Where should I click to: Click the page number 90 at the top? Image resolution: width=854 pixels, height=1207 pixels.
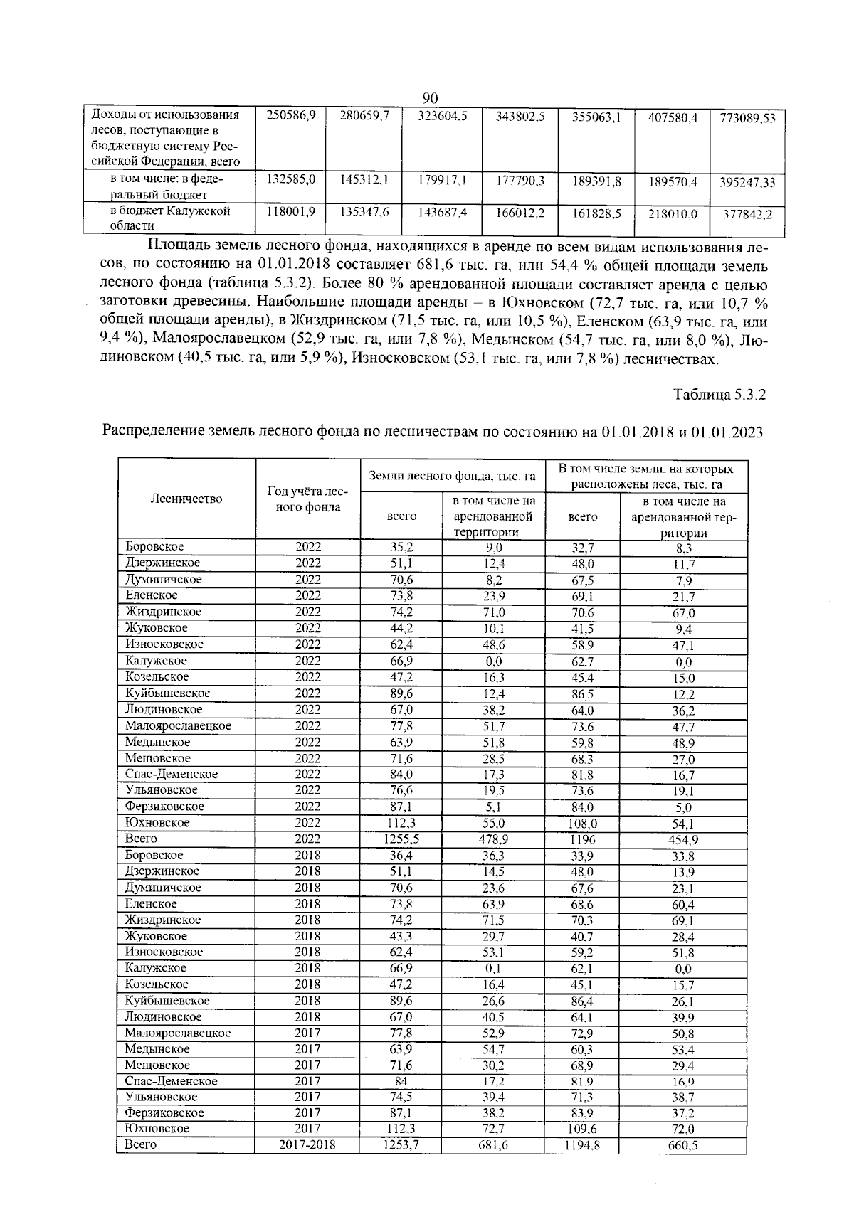tap(430, 97)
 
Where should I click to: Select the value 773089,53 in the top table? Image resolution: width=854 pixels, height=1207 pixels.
tap(747, 118)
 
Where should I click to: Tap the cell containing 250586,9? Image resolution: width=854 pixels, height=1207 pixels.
tap(290, 115)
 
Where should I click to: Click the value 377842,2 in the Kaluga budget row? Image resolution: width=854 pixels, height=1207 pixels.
tap(747, 213)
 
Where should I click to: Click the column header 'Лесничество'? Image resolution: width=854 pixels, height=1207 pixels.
tap(186, 499)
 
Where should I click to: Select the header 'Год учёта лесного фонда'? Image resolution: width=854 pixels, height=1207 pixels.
tap(307, 499)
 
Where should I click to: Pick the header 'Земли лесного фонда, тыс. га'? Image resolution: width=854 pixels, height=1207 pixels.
tap(452, 476)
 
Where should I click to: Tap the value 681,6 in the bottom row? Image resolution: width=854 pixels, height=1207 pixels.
tap(492, 1146)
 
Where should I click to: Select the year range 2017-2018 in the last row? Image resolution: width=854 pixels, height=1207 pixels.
tap(307, 1145)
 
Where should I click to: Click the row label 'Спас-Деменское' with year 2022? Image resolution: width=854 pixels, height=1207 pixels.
tap(172, 774)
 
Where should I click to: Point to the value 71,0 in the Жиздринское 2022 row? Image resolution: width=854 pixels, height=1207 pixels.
tap(492, 612)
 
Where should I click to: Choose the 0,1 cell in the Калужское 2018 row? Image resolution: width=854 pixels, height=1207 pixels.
tap(492, 969)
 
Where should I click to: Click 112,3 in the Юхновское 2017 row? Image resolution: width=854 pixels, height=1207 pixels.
tap(401, 1129)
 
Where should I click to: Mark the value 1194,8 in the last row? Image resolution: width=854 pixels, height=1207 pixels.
tap(582, 1146)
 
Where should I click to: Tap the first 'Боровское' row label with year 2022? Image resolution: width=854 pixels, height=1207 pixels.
tap(154, 547)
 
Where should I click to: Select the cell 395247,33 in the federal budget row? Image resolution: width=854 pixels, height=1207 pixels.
tap(747, 182)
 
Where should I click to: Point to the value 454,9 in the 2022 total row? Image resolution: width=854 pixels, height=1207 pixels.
tap(683, 840)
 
